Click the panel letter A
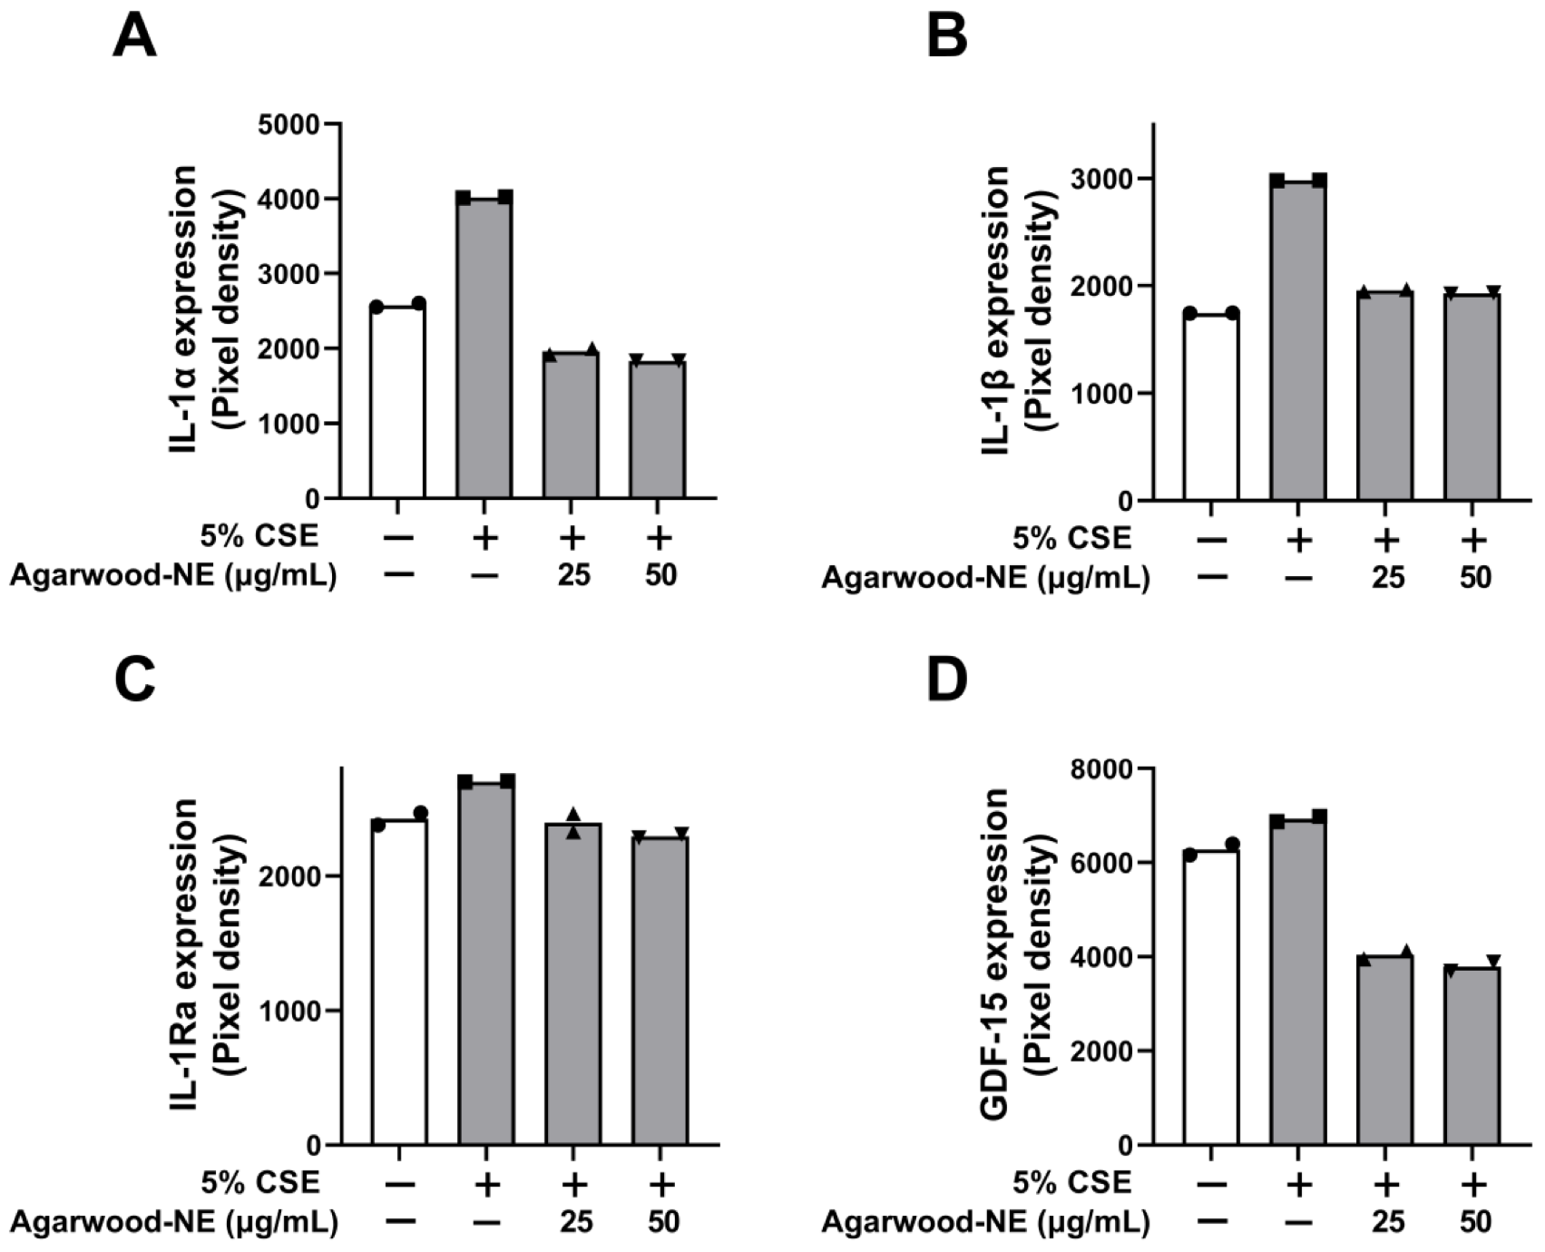click(x=134, y=38)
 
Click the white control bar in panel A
click(x=397, y=403)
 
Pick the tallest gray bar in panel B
click(x=1298, y=340)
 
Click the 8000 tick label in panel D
click(x=1101, y=769)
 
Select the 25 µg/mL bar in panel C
click(x=573, y=984)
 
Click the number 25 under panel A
click(x=573, y=575)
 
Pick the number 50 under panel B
click(x=1474, y=577)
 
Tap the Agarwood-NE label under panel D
click(x=985, y=1223)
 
